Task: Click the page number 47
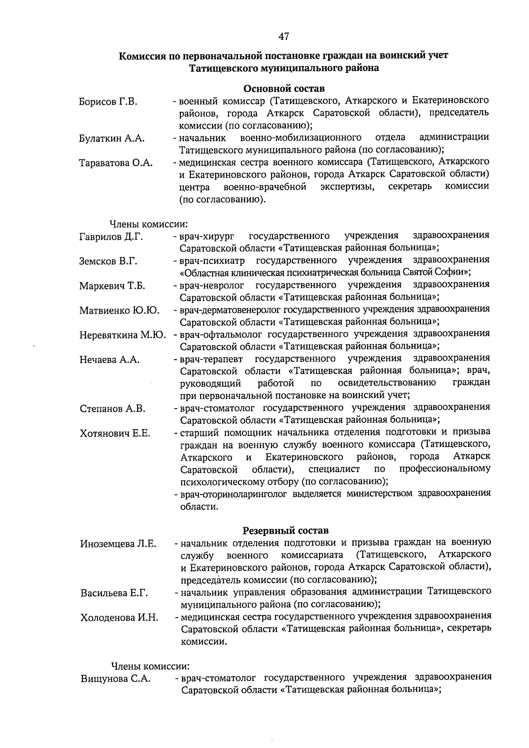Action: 283,36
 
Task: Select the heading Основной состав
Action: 284,89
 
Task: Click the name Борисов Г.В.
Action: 108,102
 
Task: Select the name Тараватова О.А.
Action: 116,163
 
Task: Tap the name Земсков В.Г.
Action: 108,261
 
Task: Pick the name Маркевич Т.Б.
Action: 112,286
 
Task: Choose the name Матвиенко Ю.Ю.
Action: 119,311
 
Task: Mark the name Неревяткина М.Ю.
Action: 123,335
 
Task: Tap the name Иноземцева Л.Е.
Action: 118,544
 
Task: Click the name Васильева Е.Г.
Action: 114,593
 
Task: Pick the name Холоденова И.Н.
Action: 119,618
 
